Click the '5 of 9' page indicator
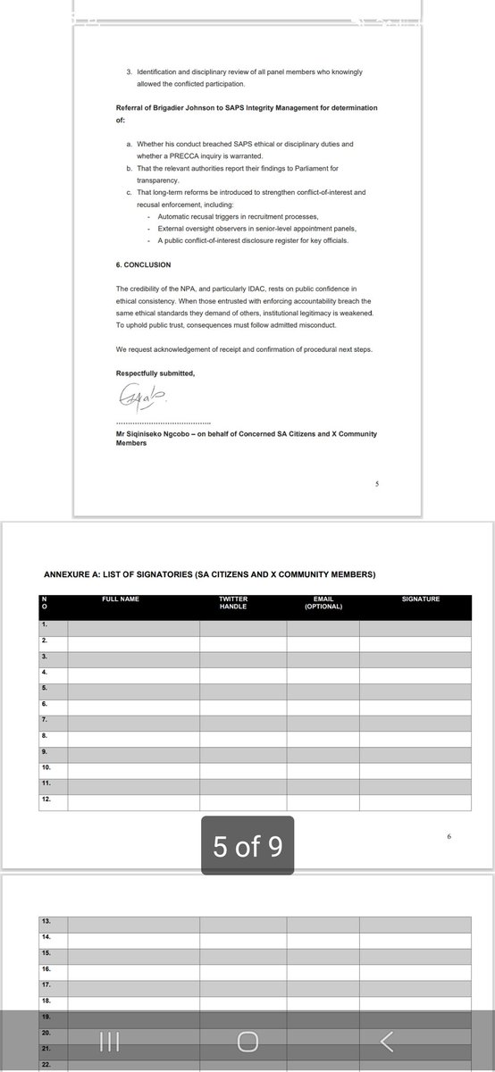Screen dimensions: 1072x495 tap(247, 845)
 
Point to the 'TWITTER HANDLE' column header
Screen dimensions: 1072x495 tap(233, 602)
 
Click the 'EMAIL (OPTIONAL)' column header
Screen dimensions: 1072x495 tap(322, 602)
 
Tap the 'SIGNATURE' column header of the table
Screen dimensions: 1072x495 tap(421, 599)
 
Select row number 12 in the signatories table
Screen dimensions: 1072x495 tap(46, 800)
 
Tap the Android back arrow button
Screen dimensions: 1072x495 tap(387, 1041)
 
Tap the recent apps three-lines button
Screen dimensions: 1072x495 tap(109, 1041)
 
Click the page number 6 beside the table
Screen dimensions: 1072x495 tap(449, 836)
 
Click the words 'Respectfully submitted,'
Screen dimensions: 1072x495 tap(155, 371)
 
